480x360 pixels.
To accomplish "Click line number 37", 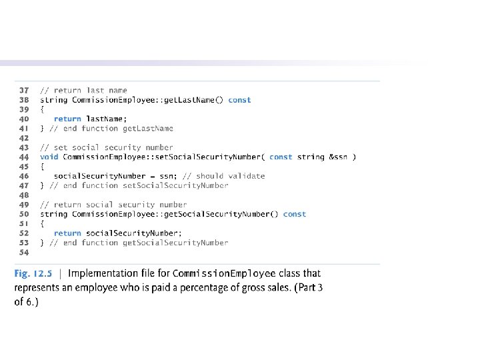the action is (x=24, y=90).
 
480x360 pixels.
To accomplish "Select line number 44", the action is (x=24, y=157).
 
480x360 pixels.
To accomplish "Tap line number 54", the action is (x=24, y=253).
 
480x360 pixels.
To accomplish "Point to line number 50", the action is (x=24, y=214).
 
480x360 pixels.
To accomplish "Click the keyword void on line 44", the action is (x=49, y=157).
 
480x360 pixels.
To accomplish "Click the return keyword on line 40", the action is (x=67, y=119).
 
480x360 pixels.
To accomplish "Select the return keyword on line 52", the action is (x=67, y=233).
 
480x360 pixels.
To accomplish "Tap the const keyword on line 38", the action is (x=239, y=100).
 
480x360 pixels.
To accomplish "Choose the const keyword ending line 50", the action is (x=295, y=214).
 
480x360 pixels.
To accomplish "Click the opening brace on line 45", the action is (x=42, y=167).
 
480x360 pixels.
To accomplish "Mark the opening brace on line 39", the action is (x=42, y=109).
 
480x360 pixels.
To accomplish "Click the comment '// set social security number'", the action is (x=107, y=147).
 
